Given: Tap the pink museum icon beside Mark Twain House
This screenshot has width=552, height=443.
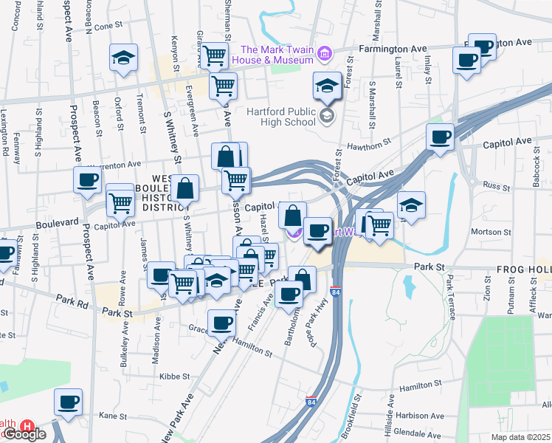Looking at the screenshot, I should click(x=324, y=53).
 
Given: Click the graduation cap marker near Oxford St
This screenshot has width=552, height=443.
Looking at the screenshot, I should click(x=124, y=57).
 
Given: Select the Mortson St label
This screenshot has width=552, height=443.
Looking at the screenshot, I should click(x=486, y=231).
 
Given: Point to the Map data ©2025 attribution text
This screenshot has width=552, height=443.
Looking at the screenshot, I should click(x=521, y=437).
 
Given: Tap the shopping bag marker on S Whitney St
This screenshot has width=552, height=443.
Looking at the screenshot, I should click(x=186, y=189).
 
